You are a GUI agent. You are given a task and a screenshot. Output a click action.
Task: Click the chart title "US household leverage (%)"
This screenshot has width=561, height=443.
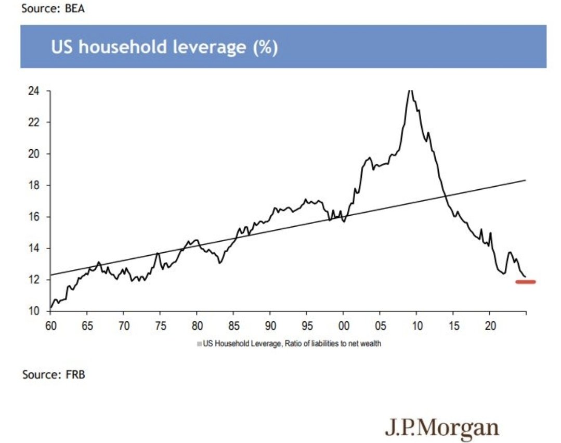(x=164, y=47)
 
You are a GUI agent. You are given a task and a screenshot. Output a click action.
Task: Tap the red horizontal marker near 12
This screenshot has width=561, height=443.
(x=525, y=282)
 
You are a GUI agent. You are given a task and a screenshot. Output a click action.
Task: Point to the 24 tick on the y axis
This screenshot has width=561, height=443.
(x=34, y=91)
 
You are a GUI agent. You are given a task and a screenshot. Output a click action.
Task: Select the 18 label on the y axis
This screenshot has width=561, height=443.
(x=34, y=185)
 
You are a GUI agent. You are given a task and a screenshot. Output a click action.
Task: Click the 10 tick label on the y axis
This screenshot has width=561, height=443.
(x=34, y=311)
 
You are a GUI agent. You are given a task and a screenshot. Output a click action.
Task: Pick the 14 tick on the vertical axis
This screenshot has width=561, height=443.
(x=34, y=249)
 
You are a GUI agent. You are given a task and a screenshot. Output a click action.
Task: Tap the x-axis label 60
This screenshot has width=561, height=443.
(x=51, y=325)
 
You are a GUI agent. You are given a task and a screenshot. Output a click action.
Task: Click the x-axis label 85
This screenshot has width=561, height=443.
(x=233, y=325)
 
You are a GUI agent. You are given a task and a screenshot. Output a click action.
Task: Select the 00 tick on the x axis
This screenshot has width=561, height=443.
(x=344, y=325)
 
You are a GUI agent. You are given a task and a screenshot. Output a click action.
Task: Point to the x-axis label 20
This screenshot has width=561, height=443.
(x=490, y=325)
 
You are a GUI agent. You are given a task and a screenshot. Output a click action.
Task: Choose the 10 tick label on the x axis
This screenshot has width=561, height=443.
(x=417, y=325)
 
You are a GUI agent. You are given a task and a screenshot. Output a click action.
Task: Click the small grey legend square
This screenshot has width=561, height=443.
(x=199, y=344)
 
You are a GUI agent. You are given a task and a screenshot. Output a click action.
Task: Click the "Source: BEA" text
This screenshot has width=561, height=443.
(x=53, y=8)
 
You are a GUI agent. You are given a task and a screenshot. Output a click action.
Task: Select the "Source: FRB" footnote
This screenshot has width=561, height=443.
(x=54, y=374)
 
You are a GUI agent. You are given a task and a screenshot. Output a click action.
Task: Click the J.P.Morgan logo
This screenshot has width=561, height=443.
(x=442, y=428)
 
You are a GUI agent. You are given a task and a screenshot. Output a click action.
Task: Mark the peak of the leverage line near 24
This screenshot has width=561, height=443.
(x=410, y=90)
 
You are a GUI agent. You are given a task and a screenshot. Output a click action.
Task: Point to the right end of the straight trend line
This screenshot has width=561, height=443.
(x=526, y=180)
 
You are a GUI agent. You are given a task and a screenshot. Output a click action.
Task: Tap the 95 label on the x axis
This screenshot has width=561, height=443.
(x=307, y=325)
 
